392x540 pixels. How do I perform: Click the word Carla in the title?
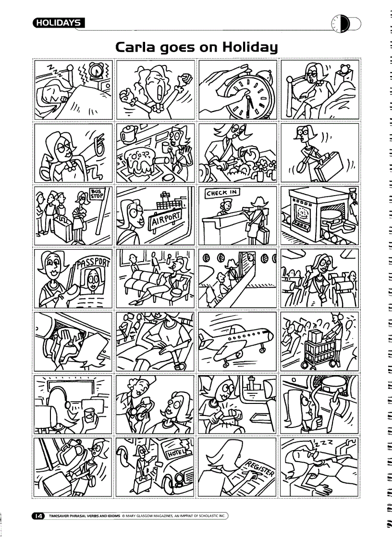[x=137, y=48]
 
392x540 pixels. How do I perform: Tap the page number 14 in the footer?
[x=37, y=516]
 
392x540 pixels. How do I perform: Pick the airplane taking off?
[x=237, y=338]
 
